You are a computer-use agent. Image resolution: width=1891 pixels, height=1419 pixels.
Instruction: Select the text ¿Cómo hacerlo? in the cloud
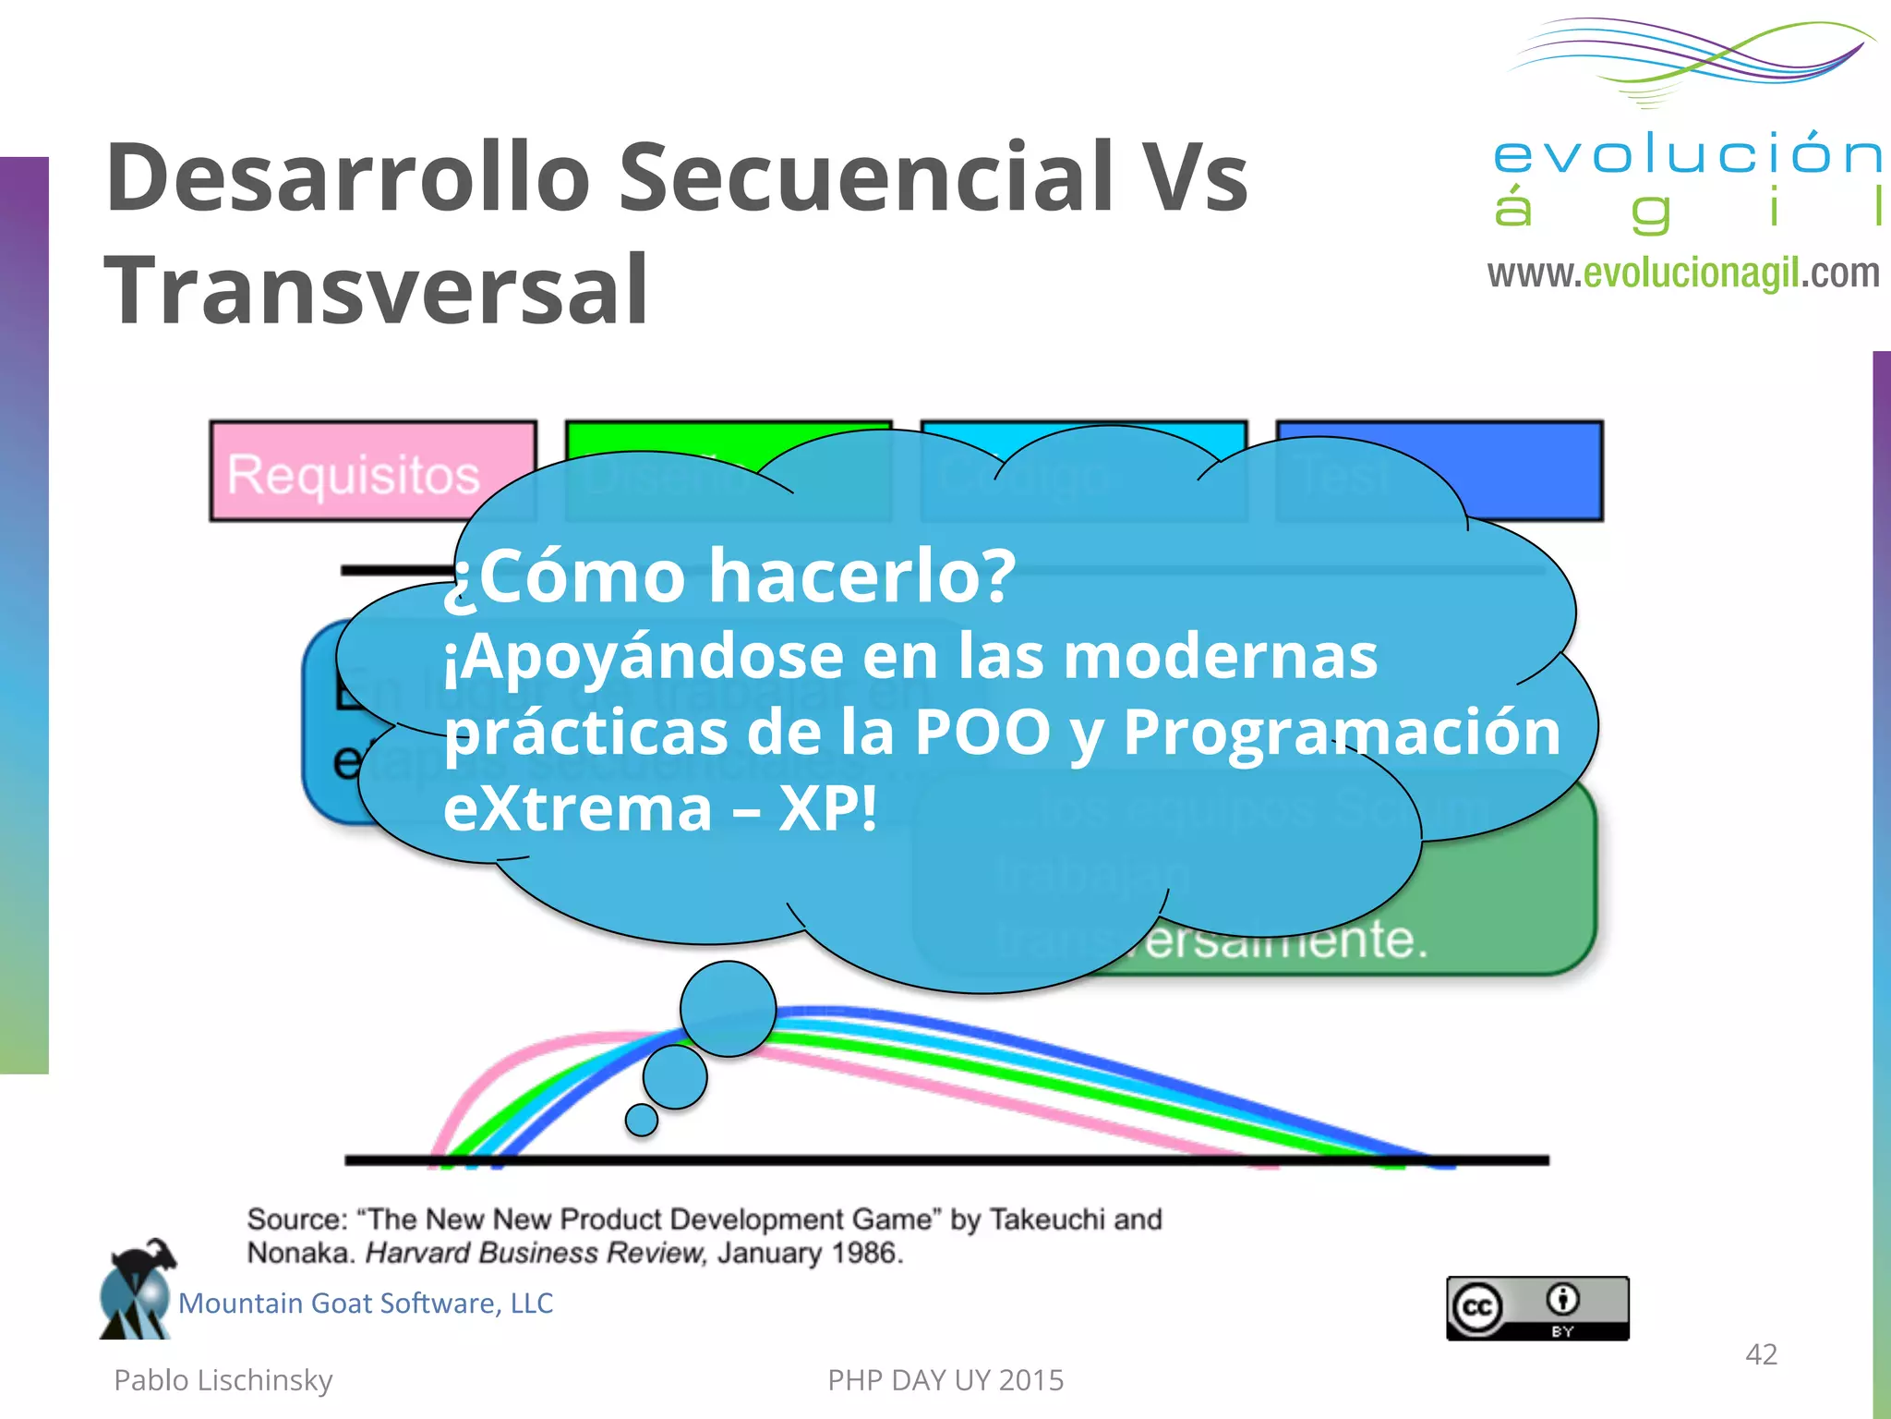[x=729, y=576]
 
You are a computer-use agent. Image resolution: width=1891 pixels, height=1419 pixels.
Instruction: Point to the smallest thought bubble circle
[x=641, y=1120]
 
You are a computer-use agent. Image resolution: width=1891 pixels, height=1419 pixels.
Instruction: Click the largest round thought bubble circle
[x=728, y=1009]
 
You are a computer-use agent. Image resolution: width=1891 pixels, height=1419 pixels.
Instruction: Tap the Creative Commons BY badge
[x=1537, y=1308]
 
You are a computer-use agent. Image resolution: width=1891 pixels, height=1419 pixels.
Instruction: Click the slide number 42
[x=1761, y=1354]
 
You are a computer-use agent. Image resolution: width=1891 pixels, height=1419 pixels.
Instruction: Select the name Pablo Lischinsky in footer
[x=223, y=1380]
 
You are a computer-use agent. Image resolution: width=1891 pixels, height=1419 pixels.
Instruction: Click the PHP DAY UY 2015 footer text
[x=945, y=1380]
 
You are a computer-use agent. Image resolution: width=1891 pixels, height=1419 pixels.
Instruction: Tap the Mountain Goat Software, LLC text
[x=366, y=1304]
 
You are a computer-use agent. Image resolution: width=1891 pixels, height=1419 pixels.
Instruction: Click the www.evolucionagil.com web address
[x=1683, y=274]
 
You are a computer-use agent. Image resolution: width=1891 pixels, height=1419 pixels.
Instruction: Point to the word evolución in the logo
[x=1687, y=153]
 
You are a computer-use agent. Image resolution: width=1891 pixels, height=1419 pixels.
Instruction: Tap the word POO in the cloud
[x=982, y=732]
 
